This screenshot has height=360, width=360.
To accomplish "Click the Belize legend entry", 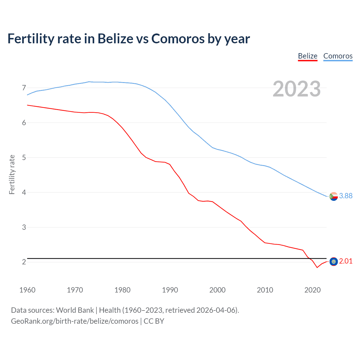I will pos(308,56).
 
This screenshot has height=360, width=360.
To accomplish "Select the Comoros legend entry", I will pos(338,56).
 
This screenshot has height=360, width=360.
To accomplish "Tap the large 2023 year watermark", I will pos(296,89).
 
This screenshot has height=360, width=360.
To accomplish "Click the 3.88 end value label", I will pos(346,196).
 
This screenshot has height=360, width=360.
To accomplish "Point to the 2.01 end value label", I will pos(346,261).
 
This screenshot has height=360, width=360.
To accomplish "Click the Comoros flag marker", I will pos(334,196).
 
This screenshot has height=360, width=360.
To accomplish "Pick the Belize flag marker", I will pos(334,262).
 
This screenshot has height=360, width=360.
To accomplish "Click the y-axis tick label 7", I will pos(24,88).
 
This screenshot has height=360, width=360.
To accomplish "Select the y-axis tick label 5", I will pos(24,157).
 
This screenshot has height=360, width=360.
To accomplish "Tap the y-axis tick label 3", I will pos(24,227).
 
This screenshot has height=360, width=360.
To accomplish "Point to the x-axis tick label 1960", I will pos(27,290).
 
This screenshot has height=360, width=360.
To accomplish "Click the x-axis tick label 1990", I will pos(170,290).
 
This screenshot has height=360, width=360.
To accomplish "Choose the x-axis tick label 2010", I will pos(265,290).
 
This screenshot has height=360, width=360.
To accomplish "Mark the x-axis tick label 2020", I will pos(312,290).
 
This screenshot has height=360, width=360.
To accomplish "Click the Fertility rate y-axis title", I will pos(12,174).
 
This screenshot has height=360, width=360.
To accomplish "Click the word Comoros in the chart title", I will pos(178,39).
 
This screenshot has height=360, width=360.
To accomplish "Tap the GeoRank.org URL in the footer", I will pos(75,321).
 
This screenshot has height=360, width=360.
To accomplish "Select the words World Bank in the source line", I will pos(75,310).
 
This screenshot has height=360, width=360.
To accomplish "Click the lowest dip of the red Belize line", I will pos(317,267).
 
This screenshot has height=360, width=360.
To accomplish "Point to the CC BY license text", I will pos(154,321).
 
